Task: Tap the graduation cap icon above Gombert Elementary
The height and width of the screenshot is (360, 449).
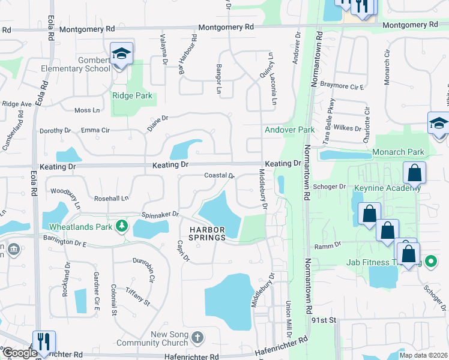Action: click(x=121, y=53)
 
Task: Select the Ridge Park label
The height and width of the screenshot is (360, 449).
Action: click(x=132, y=95)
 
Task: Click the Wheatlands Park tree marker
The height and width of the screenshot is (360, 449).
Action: click(x=122, y=226)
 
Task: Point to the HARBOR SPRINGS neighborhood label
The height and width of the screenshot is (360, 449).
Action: click(x=207, y=233)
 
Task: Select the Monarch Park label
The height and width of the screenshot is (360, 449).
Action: click(x=398, y=152)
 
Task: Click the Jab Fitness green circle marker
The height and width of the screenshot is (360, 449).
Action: click(x=430, y=262)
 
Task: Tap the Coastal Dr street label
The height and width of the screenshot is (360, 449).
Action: click(x=219, y=175)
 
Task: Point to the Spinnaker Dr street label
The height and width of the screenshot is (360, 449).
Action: click(x=160, y=214)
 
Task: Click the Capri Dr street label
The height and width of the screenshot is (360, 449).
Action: click(x=183, y=251)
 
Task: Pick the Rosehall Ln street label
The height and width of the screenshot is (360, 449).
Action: click(x=112, y=198)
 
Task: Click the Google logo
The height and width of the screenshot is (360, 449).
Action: click(x=19, y=353)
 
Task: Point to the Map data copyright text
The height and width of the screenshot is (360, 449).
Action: click(x=423, y=355)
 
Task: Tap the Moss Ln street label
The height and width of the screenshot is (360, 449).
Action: click(x=87, y=110)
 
